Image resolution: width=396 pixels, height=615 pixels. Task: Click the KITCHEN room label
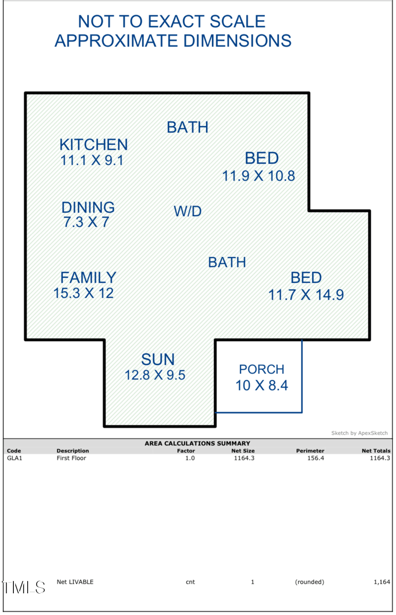pos(94,145)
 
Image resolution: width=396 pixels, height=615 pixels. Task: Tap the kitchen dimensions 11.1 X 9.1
pos(92,160)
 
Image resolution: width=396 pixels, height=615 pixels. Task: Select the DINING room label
pos(88,207)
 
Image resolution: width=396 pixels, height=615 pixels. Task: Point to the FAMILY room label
pos(89,277)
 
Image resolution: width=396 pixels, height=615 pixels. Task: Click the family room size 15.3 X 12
pos(84,293)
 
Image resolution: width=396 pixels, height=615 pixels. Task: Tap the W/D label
pos(188,211)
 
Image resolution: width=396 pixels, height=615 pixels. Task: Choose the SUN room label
pos(158,359)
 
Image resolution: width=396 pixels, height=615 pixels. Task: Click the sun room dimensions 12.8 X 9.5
pos(155,375)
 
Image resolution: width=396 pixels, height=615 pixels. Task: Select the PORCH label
pos(261,369)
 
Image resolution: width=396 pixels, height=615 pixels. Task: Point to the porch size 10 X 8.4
pos(262,385)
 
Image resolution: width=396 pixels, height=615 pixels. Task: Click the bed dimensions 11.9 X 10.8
pos(258,176)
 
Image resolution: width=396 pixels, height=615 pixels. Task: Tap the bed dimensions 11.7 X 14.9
pos(306,295)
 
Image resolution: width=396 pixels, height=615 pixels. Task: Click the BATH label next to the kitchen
pos(188,127)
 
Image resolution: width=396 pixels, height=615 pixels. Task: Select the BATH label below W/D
pos(227,262)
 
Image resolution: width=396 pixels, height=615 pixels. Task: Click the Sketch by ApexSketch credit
pos(359,433)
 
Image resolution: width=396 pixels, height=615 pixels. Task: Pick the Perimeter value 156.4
pos(316,458)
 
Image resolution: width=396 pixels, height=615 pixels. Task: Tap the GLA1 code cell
pos(14,458)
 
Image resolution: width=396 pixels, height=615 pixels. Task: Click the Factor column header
pos(186,451)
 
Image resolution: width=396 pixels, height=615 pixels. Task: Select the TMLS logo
pos(24,587)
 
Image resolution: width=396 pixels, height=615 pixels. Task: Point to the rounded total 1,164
pos(382,582)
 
